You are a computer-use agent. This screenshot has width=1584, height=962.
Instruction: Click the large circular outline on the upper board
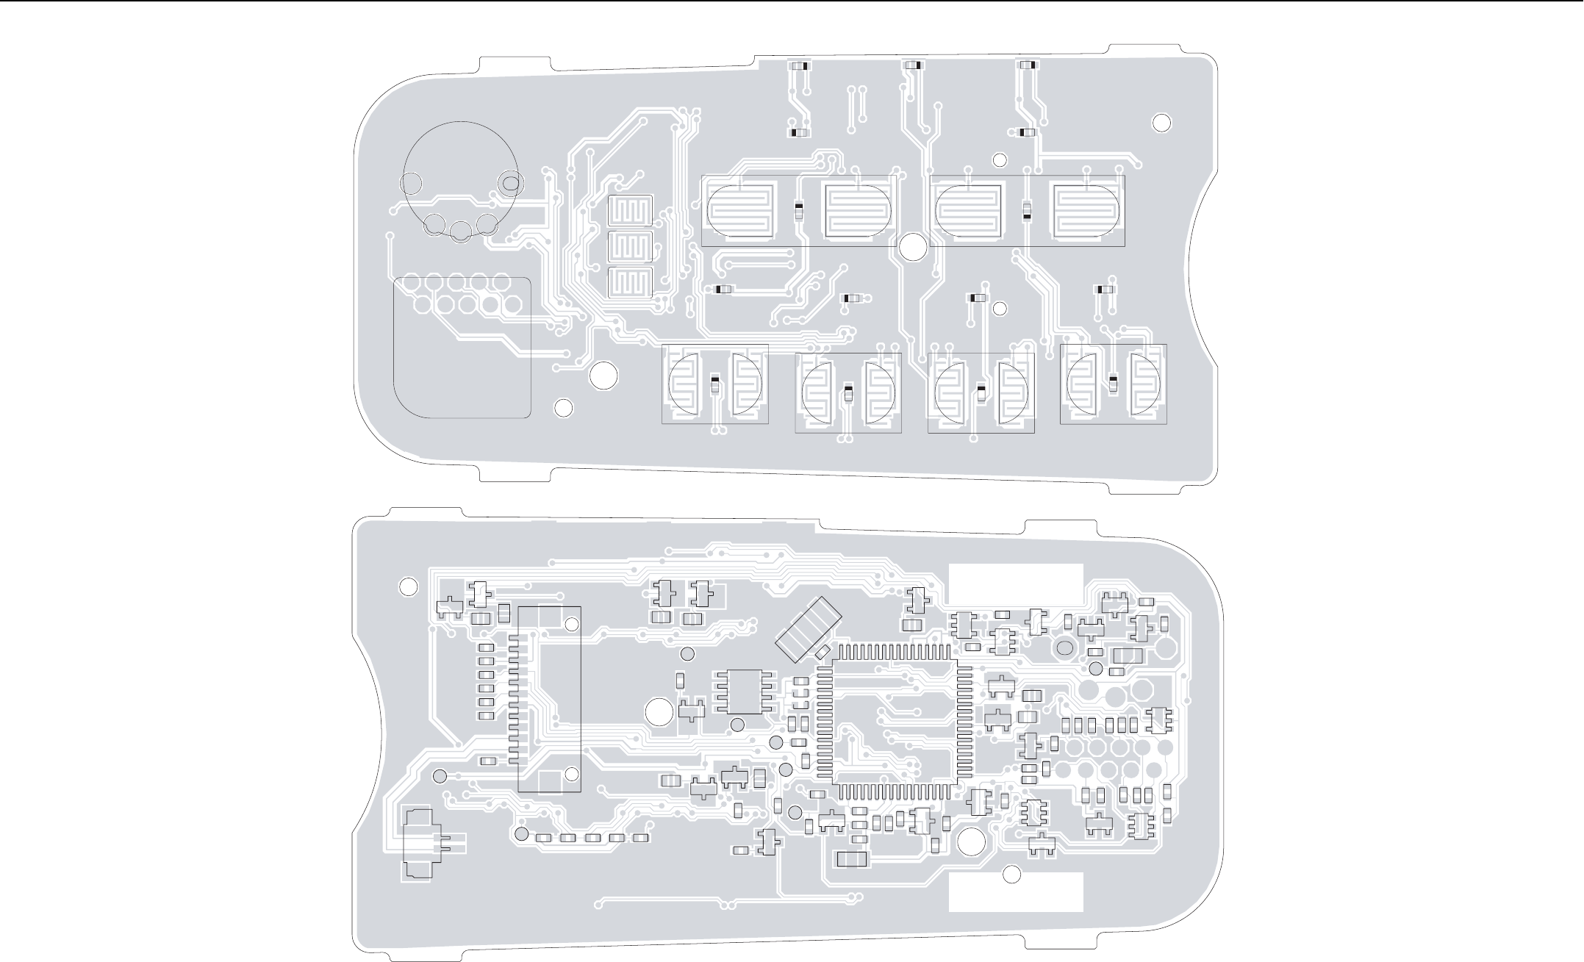point(460,176)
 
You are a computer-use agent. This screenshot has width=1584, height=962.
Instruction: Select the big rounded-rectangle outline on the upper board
point(462,348)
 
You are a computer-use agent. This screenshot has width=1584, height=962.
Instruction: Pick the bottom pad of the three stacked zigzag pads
point(631,283)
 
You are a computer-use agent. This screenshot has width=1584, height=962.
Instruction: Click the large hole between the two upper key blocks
point(913,247)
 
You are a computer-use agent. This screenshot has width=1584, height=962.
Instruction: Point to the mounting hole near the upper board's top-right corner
point(1161,123)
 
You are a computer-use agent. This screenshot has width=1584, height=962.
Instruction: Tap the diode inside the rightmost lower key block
point(1113,382)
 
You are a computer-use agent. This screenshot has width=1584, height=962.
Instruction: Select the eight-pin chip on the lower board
point(745,692)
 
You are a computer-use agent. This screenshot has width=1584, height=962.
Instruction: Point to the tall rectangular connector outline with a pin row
point(549,699)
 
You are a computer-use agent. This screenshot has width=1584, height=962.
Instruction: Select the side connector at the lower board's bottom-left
point(422,845)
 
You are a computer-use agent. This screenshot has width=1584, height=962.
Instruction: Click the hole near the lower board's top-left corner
point(408,586)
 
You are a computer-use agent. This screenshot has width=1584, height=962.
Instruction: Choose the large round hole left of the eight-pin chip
point(659,711)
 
